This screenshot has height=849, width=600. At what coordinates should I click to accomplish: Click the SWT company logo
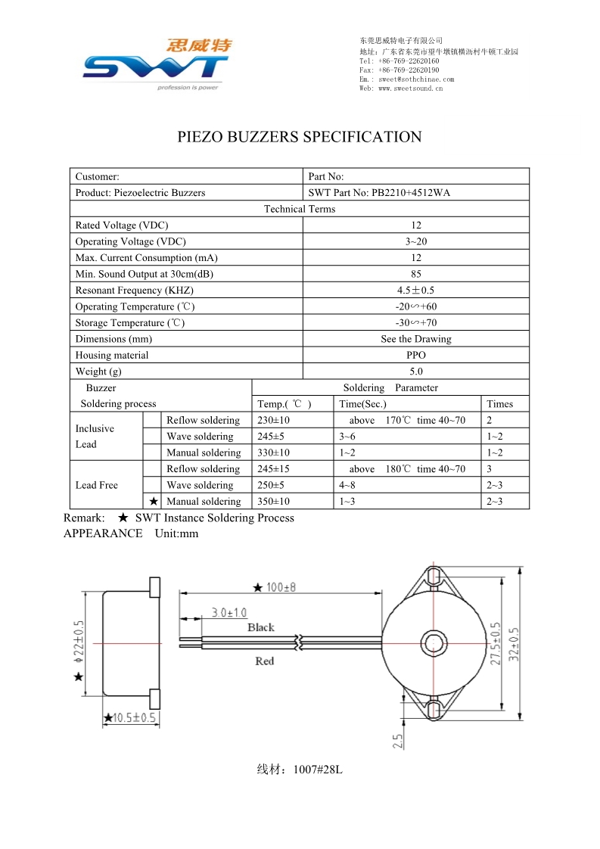click(x=156, y=65)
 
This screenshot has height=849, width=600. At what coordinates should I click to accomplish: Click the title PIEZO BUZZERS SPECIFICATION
click(x=300, y=137)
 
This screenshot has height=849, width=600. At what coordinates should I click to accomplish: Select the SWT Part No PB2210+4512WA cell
click(x=379, y=193)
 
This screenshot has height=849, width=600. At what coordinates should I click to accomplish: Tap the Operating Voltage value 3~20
click(x=415, y=242)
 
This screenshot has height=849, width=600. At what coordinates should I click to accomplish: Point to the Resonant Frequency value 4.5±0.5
click(x=415, y=291)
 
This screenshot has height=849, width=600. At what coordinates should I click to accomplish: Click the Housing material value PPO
click(x=415, y=356)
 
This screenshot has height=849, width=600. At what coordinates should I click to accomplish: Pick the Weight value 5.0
click(x=415, y=372)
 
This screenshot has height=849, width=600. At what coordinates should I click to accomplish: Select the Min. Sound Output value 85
click(x=415, y=275)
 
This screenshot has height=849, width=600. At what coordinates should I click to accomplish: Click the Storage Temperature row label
click(x=129, y=323)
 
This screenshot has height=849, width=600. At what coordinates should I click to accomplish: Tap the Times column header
click(x=499, y=404)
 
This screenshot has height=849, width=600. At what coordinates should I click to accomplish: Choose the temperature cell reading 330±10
click(x=273, y=453)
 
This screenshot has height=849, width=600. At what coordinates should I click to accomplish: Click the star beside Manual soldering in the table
click(x=153, y=501)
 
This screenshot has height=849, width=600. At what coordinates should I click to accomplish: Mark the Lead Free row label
click(x=97, y=485)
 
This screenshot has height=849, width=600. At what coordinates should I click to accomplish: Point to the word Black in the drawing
click(x=261, y=627)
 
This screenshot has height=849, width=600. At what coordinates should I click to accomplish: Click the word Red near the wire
click(x=264, y=661)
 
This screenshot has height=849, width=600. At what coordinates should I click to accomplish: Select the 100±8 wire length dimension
click(x=275, y=587)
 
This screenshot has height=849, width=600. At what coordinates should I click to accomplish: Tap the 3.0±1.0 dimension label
click(x=228, y=612)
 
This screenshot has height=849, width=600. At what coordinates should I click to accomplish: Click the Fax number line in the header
click(x=399, y=70)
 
